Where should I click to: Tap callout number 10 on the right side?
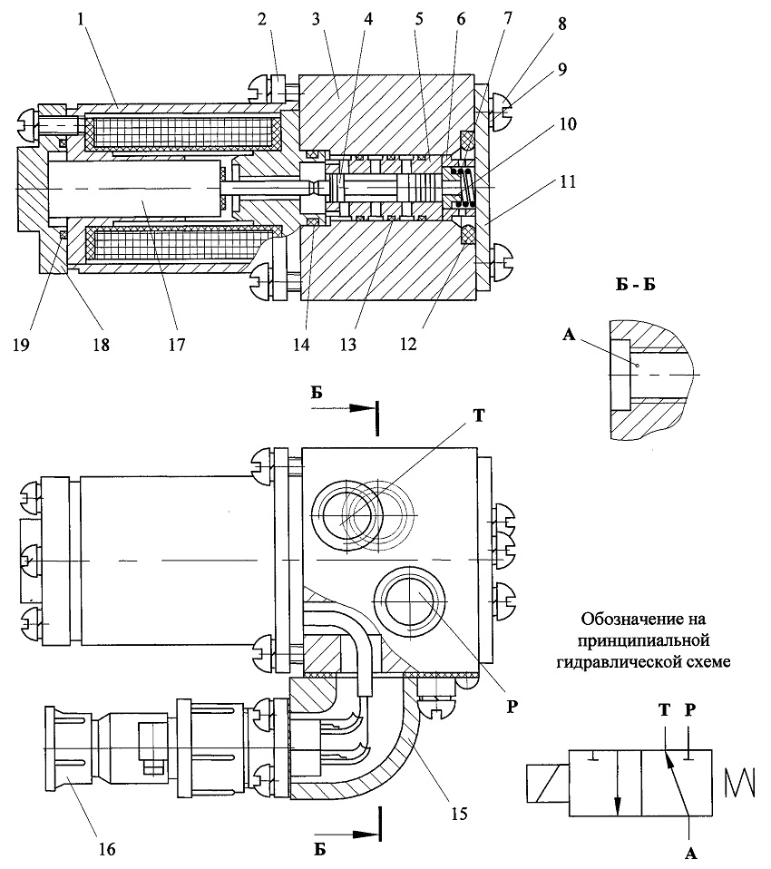click(567, 123)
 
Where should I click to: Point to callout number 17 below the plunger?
click(176, 344)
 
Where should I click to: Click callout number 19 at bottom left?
click(22, 344)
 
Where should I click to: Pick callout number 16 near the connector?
click(106, 848)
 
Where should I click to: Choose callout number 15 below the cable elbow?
click(460, 813)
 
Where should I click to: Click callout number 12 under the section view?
click(408, 344)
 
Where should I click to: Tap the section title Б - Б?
click(635, 285)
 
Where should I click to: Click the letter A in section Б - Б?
click(569, 334)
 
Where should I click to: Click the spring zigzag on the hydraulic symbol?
click(740, 781)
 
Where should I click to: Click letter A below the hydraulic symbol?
click(690, 854)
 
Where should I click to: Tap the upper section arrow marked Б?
click(344, 408)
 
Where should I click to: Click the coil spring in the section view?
click(464, 188)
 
